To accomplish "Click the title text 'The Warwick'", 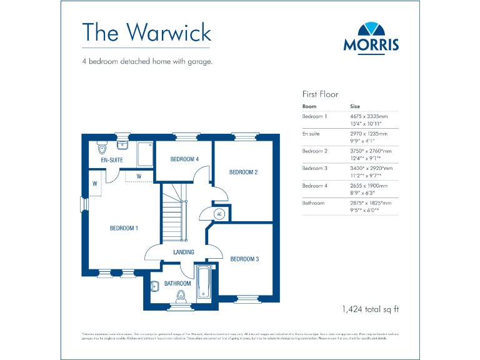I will tap(147, 32).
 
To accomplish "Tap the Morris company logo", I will tap(371, 36).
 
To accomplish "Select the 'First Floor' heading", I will tap(320, 94).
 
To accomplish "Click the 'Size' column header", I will tap(355, 106).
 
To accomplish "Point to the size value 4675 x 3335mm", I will tap(369, 116).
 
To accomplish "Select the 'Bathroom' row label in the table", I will tap(314, 203).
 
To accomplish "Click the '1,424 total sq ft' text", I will tap(370, 309).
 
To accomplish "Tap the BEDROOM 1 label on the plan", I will tap(124, 228).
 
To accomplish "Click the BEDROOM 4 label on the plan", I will tap(184, 159).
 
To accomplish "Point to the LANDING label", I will tap(184, 252).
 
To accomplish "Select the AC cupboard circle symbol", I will tap(219, 214).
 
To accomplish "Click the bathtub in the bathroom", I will tap(204, 283).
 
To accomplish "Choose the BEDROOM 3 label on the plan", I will tap(244, 259).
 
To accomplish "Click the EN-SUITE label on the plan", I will tap(112, 161).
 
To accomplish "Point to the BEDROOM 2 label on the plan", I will tap(243, 172).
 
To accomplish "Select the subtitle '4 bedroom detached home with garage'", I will tap(147, 62).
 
